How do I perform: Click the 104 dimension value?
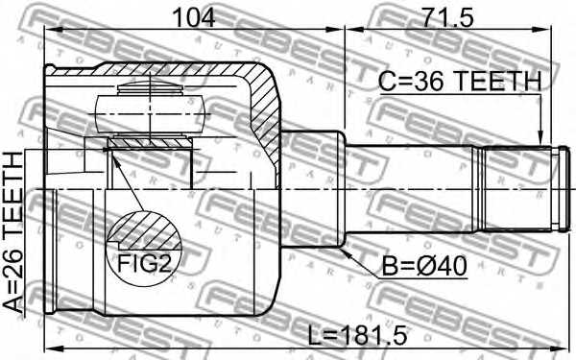pyautogui.click(x=194, y=16)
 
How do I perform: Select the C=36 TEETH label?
pyautogui.click(x=458, y=84)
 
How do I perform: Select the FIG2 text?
pyautogui.click(x=144, y=265)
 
